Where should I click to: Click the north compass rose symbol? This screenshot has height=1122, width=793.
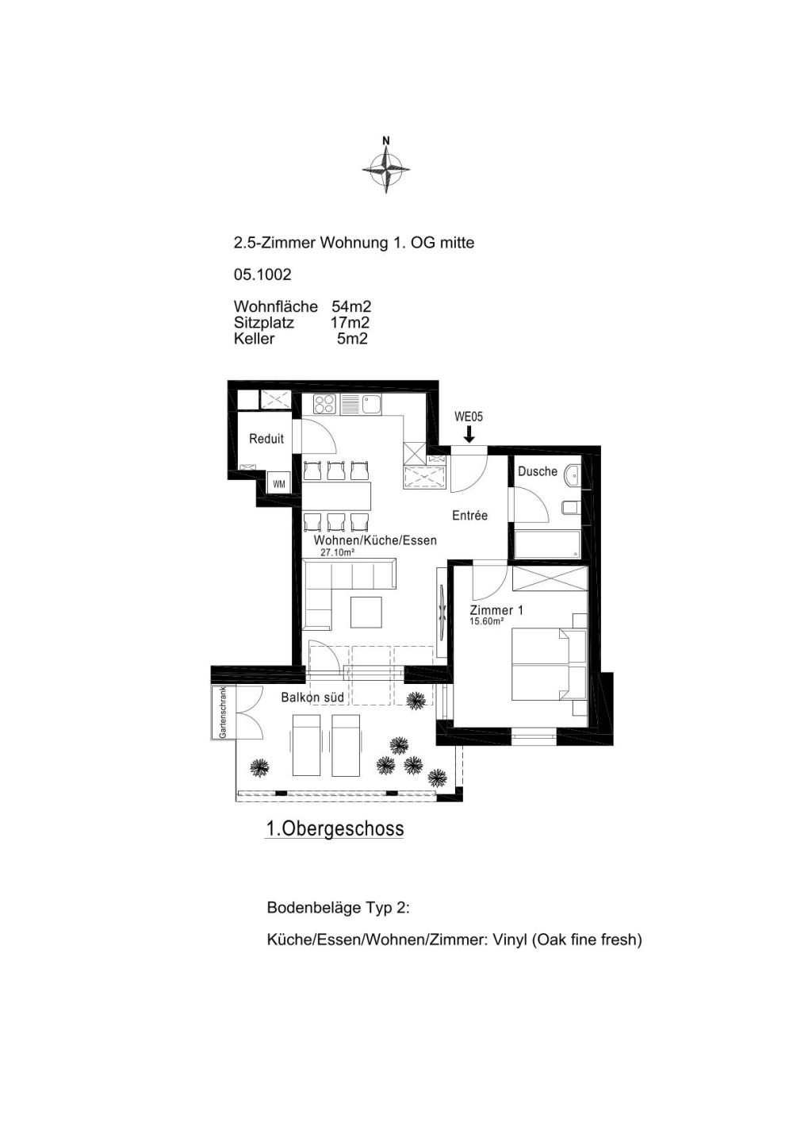pos(386,168)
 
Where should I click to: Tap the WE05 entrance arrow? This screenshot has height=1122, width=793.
pos(469,434)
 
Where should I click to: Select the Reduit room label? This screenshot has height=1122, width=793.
pos(266,439)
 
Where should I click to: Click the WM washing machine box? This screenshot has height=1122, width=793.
pos(278,483)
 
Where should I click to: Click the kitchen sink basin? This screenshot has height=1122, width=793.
pos(371,404)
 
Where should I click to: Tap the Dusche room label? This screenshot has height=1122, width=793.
pos(537,471)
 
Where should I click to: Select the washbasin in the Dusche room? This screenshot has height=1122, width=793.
pos(572,473)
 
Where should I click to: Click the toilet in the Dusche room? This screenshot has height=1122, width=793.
pos(570,508)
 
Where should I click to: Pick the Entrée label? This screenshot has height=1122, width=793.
pos(469,516)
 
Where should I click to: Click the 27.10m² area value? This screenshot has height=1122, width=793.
pos(338,552)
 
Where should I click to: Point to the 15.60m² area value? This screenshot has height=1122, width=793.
pos(486,621)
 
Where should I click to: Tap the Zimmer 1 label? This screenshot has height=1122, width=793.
pos(496,610)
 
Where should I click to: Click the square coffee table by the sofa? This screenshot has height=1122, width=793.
pos(366,612)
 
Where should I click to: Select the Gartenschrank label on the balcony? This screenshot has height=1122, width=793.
pos(223,713)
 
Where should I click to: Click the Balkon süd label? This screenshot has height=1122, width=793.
pos(312,697)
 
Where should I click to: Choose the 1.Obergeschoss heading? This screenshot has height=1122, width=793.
pos(335,828)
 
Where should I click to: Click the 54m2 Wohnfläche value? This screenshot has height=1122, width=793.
pos(351,306)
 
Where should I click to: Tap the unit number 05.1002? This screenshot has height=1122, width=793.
pos(262,275)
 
